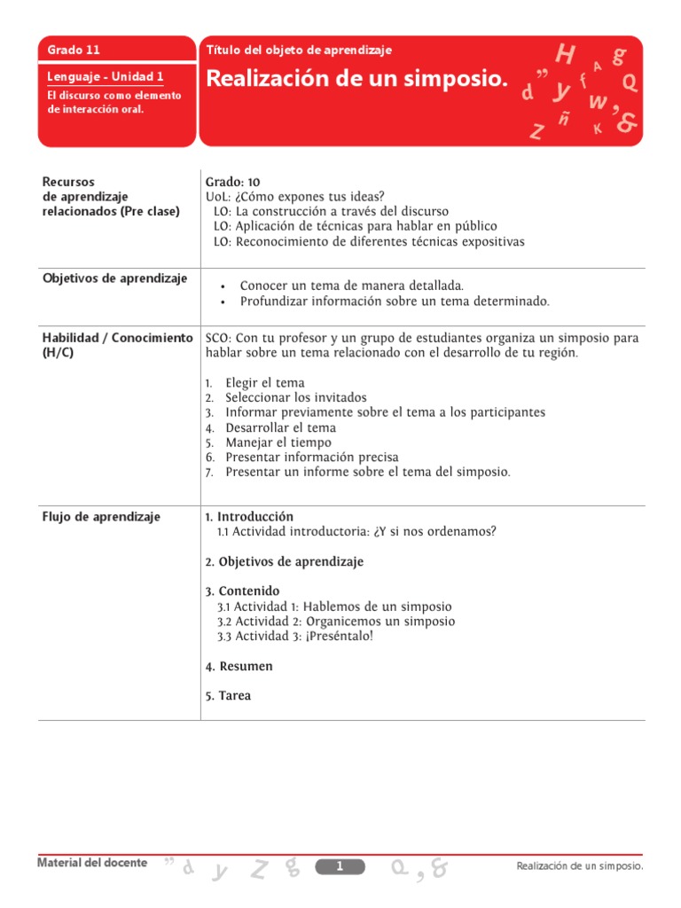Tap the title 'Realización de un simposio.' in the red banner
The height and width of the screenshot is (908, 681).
point(357,80)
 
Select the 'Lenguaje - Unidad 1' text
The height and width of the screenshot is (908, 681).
point(105,77)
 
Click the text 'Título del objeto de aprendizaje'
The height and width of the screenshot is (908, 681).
point(298,51)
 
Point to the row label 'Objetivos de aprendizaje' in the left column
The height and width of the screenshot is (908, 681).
point(115,278)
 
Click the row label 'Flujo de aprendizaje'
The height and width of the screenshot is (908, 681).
point(101,517)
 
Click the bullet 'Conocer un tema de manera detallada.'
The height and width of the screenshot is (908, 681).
point(352,286)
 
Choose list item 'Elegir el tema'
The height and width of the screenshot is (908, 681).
point(265,383)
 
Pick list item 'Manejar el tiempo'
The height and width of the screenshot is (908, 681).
point(278,442)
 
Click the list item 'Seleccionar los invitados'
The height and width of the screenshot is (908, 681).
point(295,398)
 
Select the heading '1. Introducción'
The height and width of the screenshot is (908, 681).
point(249,516)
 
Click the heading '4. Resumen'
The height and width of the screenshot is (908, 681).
point(239,666)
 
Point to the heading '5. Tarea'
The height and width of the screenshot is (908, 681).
point(228,696)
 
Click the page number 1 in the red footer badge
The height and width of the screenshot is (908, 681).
point(340,866)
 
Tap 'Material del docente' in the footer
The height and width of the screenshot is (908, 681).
point(93,863)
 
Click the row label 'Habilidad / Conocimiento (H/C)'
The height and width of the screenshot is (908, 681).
point(117,345)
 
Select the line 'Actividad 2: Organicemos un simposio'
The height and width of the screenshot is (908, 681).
point(336,622)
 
